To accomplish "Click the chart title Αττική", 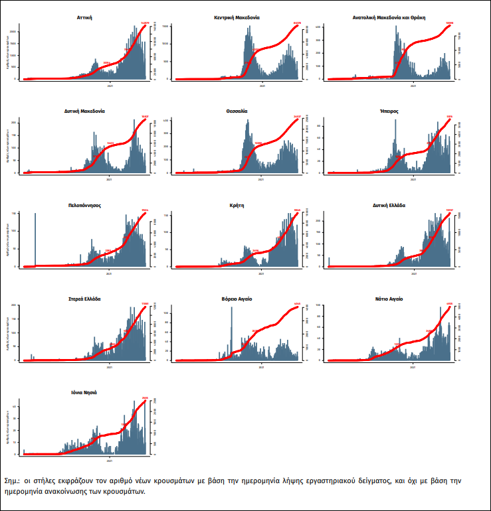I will (84, 17).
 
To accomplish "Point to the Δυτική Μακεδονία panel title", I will (85, 111).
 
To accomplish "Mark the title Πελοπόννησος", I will (84, 205).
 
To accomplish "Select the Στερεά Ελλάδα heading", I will (84, 299).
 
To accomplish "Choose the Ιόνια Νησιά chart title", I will (84, 392).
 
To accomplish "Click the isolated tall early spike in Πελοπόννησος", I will (35, 239).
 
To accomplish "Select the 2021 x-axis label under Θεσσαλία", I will (262, 179).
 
